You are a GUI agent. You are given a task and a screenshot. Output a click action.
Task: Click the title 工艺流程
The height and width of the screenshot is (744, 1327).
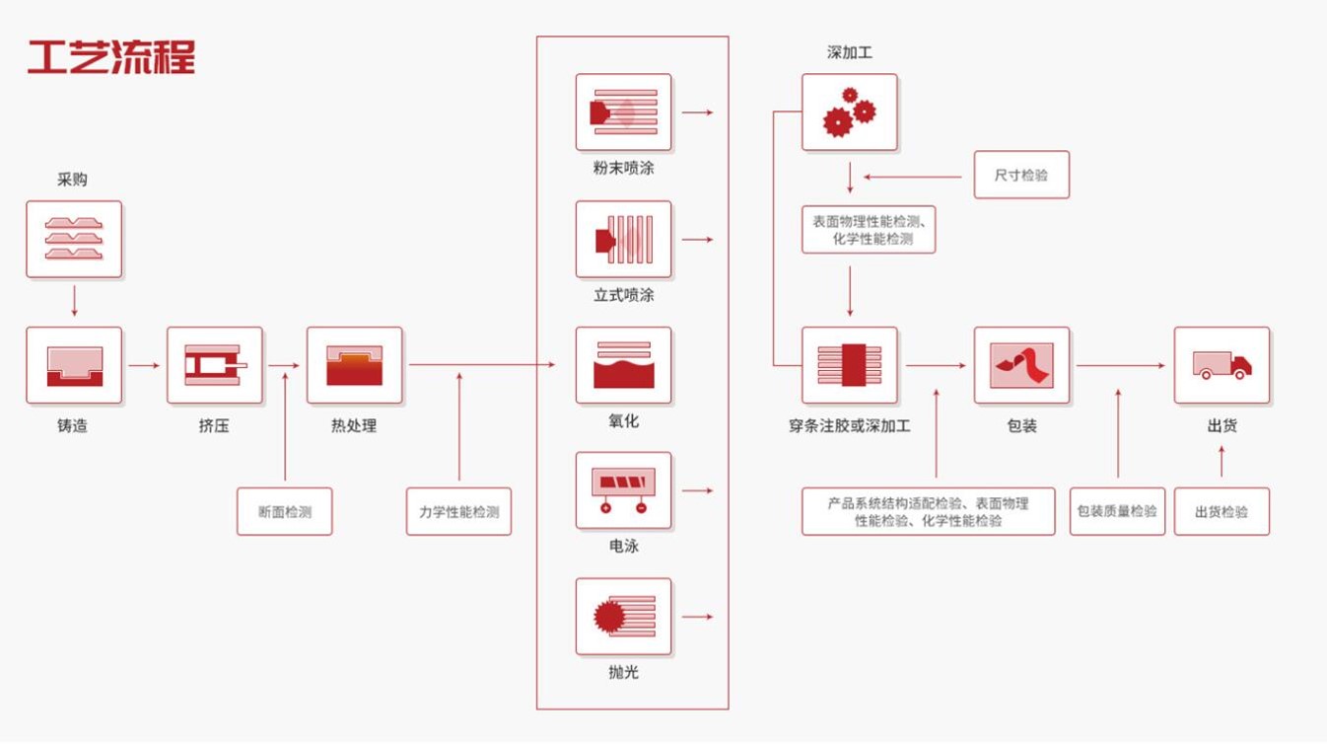(x=111, y=57)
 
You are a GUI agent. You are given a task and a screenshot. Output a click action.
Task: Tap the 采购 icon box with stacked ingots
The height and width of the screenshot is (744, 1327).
(x=74, y=239)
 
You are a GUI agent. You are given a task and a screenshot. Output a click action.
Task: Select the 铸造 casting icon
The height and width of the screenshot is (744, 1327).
(x=74, y=365)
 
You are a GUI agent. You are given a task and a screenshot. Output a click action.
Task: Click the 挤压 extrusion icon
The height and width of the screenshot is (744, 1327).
(x=215, y=365)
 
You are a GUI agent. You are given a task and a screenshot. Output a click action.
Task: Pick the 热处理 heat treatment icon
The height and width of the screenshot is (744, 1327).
(x=354, y=365)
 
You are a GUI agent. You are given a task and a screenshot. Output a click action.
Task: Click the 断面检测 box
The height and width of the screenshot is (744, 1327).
(x=284, y=511)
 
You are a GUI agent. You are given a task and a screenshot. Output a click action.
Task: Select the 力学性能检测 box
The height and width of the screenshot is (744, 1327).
(x=458, y=511)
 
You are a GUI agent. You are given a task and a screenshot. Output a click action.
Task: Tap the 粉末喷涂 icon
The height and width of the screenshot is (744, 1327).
(x=623, y=112)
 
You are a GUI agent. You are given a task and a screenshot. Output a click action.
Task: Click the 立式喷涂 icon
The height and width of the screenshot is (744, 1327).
(x=623, y=239)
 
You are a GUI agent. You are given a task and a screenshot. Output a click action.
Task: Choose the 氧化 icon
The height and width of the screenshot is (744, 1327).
(x=623, y=365)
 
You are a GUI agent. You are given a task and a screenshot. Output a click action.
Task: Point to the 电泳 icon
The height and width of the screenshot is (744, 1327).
(x=623, y=490)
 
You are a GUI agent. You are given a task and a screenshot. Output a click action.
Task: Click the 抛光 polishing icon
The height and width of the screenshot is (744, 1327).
(x=623, y=617)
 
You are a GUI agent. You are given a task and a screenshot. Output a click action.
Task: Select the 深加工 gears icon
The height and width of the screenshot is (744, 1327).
(x=850, y=112)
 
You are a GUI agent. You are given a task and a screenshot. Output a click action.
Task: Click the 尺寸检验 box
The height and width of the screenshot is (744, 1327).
(x=1022, y=175)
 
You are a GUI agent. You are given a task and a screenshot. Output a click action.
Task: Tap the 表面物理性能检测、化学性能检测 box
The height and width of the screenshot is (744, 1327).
(x=869, y=230)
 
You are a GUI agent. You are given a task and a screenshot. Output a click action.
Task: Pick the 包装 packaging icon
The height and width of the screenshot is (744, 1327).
(x=1022, y=365)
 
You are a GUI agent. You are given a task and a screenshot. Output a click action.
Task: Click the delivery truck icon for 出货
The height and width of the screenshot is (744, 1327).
(x=1222, y=365)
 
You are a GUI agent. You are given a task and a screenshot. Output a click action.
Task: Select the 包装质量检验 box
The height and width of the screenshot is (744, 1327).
(x=1117, y=511)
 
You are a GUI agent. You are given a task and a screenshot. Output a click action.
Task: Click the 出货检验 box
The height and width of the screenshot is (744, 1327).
(x=1222, y=511)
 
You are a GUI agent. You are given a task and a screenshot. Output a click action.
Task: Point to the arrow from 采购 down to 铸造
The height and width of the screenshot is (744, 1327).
(x=74, y=301)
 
